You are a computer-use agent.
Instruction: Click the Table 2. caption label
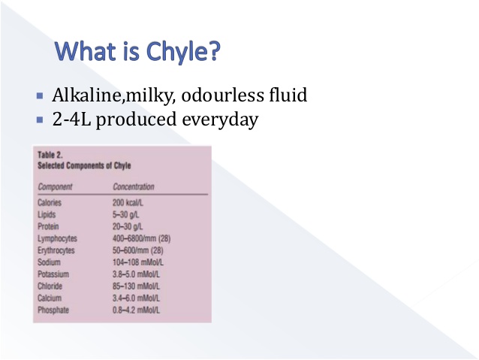click(x=50, y=156)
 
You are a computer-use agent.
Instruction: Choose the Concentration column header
click(x=134, y=186)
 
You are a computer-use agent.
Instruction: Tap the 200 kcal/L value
click(x=130, y=203)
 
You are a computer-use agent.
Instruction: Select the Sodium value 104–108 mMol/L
click(x=140, y=262)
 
